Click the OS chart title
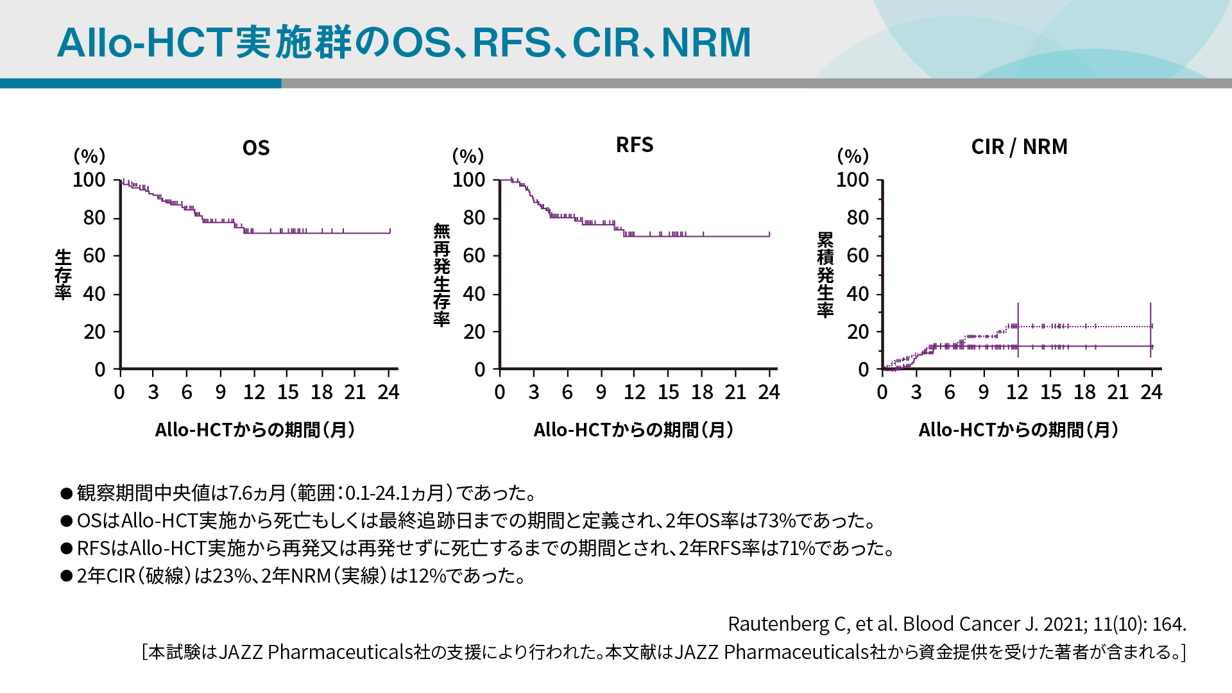[x=256, y=148]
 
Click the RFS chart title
[x=635, y=145]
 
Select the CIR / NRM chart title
[x=1019, y=147]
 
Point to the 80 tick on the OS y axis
[x=94, y=218]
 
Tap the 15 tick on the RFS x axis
[x=668, y=392]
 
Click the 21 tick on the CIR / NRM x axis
[x=1118, y=392]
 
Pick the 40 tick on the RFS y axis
[x=474, y=295]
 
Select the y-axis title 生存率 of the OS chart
[x=63, y=275]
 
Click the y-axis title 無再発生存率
[x=441, y=275]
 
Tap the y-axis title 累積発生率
[x=825, y=275]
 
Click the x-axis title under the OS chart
[x=255, y=430]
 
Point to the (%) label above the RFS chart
[x=468, y=156]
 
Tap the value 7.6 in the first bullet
[x=241, y=493]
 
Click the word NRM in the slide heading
[x=706, y=42]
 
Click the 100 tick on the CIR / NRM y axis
[x=852, y=180]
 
